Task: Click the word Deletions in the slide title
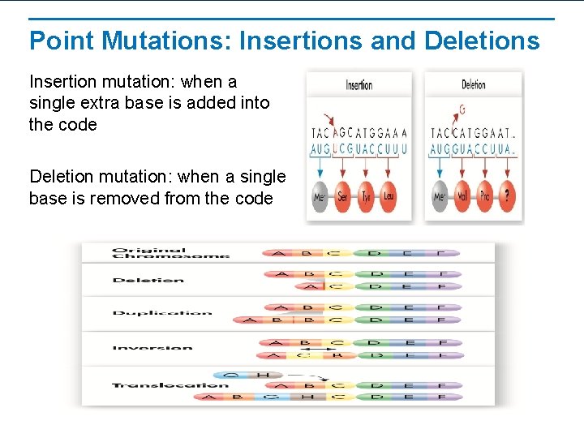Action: point(482,41)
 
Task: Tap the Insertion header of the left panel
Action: point(359,85)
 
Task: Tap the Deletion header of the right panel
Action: point(474,85)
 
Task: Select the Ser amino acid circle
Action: point(342,196)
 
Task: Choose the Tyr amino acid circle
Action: point(366,196)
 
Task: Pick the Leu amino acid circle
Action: point(389,196)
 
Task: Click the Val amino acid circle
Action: point(462,196)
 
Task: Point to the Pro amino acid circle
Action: point(485,196)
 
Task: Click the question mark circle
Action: point(509,196)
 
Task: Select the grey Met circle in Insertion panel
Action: point(320,196)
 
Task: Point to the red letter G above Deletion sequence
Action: point(462,109)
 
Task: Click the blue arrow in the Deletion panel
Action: point(440,166)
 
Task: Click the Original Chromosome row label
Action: point(170,253)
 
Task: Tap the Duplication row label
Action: point(162,313)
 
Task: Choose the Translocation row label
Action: point(170,385)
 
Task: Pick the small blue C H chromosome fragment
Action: point(247,376)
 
